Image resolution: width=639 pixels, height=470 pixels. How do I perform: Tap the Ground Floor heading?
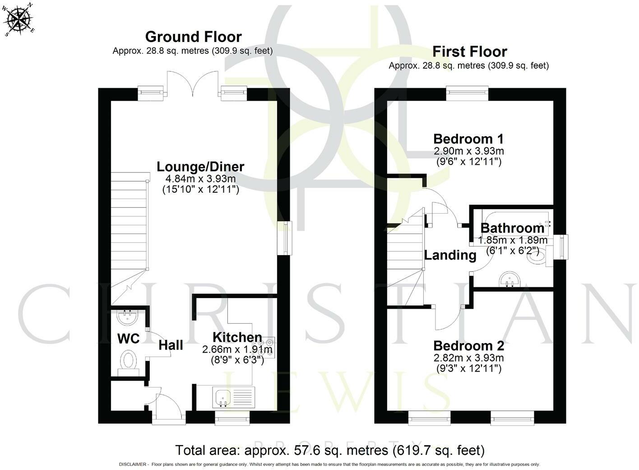tap(194, 37)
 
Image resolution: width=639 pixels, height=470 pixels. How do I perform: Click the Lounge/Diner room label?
tap(200, 167)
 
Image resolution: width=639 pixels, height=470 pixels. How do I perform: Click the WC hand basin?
tap(128, 317)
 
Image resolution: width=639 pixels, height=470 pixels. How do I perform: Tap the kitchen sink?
tap(223, 397)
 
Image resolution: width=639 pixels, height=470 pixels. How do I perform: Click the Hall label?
tap(171, 345)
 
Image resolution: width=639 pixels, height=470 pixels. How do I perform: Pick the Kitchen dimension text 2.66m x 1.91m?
tap(237, 349)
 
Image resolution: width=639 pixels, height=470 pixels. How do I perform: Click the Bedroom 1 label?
tap(468, 139)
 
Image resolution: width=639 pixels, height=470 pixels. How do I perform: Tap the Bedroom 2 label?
tap(469, 346)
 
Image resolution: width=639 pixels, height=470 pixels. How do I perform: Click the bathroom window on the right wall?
tap(560, 247)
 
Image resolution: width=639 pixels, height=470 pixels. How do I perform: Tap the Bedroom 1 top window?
tap(467, 93)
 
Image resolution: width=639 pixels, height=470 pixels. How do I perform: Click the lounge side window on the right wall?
tap(285, 238)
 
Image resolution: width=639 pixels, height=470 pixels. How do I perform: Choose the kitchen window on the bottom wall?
tap(232, 418)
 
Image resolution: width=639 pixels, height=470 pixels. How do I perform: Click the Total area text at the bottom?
tap(330, 450)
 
